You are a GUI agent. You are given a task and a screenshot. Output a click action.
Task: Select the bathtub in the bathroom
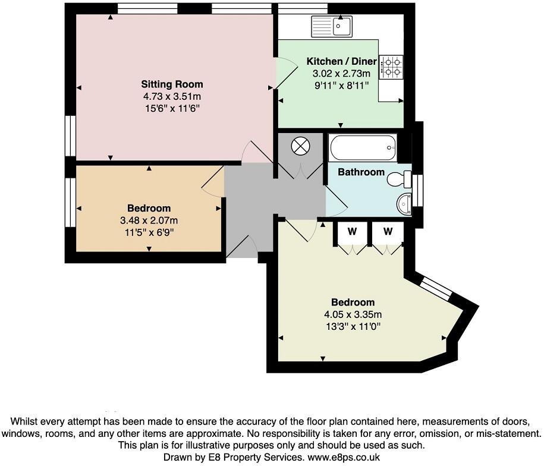362,148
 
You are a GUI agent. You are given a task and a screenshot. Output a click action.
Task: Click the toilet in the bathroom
400,178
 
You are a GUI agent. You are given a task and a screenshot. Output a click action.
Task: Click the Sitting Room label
172,84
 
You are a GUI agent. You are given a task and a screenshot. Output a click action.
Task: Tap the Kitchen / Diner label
341,61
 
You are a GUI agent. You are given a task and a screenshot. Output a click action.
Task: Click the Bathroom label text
361,172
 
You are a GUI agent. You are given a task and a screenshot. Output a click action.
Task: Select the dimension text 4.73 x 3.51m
172,96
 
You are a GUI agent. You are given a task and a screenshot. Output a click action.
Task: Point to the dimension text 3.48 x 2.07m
149,220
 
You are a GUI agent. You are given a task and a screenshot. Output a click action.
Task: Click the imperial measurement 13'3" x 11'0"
353,326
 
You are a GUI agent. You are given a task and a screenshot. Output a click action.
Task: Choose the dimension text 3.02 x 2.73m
341,74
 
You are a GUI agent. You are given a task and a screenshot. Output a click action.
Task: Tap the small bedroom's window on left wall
71,202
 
